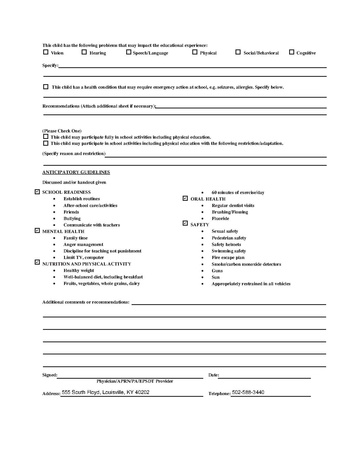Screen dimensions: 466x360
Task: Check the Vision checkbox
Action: [45, 52]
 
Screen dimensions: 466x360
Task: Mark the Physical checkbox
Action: [195, 52]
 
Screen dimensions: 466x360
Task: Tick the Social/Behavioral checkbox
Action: [239, 52]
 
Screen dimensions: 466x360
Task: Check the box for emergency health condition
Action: [45, 87]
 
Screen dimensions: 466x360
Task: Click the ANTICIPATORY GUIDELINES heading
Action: [75, 173]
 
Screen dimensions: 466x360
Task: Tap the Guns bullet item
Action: [217, 269]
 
